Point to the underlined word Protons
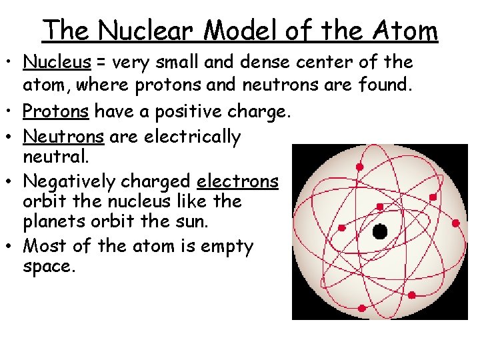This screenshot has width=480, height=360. [55, 112]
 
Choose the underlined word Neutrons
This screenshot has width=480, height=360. [63, 137]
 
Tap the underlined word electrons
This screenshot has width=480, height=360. [237, 181]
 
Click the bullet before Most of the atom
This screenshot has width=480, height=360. [13, 247]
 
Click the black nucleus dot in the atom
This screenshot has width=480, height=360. [379, 232]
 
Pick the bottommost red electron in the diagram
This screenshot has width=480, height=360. [361, 308]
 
